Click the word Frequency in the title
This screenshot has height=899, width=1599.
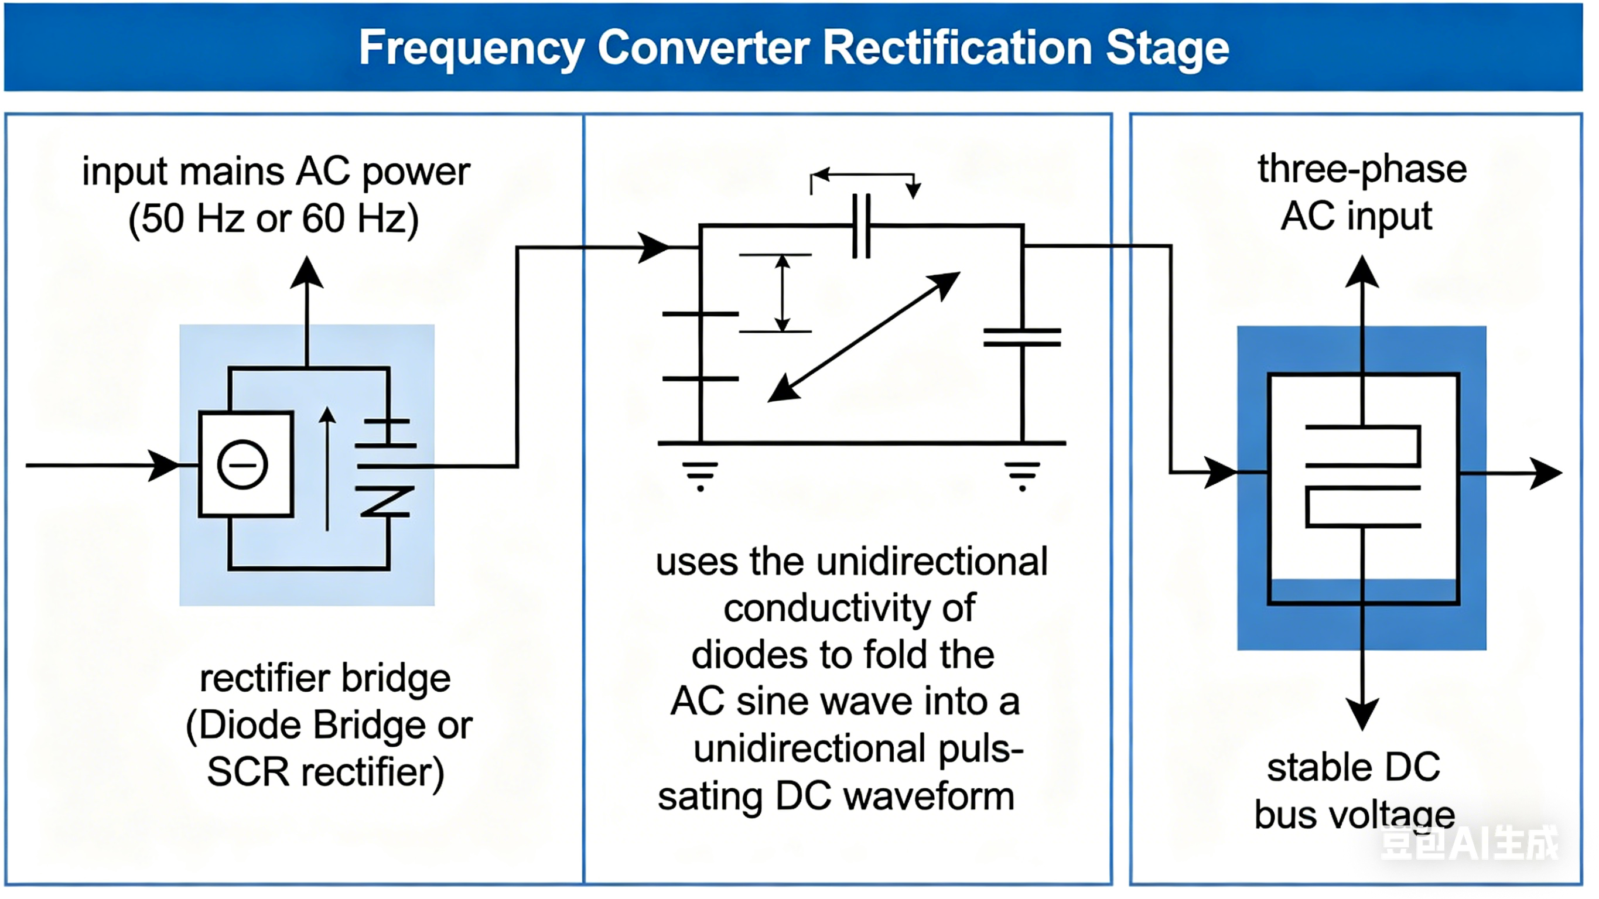(471, 49)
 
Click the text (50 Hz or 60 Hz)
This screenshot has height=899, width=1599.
(274, 218)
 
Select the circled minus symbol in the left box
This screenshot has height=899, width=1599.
(242, 465)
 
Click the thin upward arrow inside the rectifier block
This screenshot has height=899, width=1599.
(327, 469)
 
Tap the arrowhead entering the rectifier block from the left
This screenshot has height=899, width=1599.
(165, 466)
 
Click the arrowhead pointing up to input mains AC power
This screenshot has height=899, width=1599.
(307, 273)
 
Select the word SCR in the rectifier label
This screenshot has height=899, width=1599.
(248, 772)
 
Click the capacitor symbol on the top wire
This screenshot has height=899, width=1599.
(862, 226)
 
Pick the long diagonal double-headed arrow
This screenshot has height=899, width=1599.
(864, 337)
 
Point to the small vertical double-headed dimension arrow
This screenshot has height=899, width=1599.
(782, 293)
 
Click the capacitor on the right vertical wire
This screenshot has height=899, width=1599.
(1022, 338)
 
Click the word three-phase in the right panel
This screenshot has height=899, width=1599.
(1362, 169)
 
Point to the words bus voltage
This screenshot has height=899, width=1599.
(1354, 815)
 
